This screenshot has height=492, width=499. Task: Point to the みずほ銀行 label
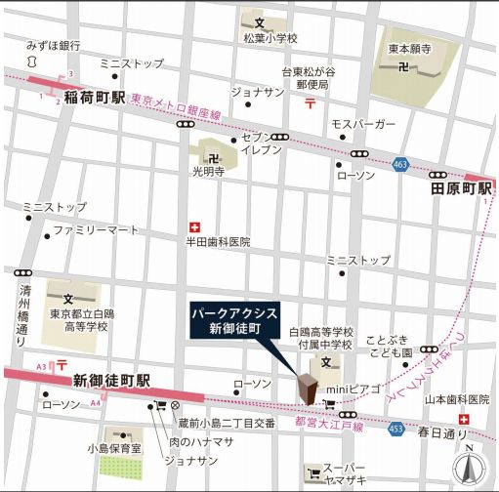point(54,45)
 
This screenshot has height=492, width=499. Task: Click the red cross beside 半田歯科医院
point(193,225)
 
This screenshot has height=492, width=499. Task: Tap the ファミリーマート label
point(97,230)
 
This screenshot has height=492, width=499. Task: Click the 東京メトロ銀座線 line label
point(175,106)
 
